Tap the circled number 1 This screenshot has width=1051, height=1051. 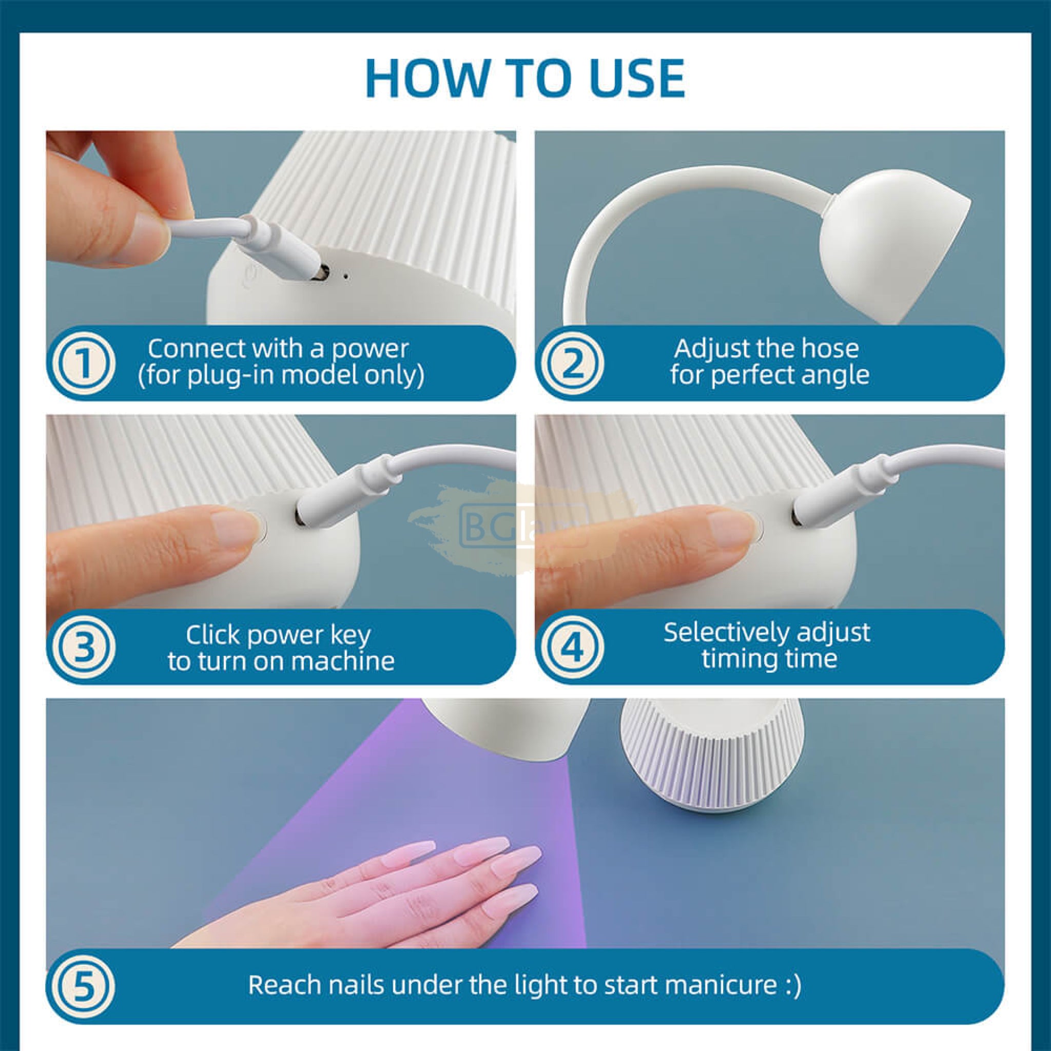pyautogui.click(x=84, y=363)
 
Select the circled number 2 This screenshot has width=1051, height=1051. pyautogui.click(x=573, y=363)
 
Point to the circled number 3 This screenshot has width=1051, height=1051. pyautogui.click(x=84, y=647)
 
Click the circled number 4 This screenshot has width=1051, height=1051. pyautogui.click(x=573, y=647)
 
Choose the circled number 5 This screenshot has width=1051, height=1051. pyautogui.click(x=84, y=986)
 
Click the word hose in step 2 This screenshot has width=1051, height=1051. pyautogui.click(x=832, y=348)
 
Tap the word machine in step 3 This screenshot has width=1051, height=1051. pyautogui.click(x=342, y=661)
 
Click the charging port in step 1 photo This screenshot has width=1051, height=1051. pyautogui.click(x=320, y=272)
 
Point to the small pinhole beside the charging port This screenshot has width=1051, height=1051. pyautogui.click(x=346, y=276)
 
